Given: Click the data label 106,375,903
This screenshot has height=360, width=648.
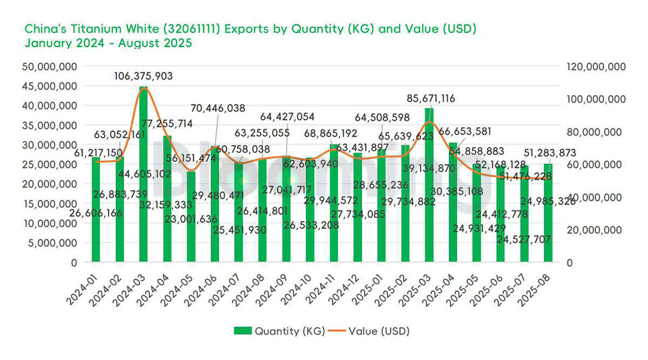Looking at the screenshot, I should tap(144, 76).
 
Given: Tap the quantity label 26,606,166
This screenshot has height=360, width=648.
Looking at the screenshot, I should tap(97, 213).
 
